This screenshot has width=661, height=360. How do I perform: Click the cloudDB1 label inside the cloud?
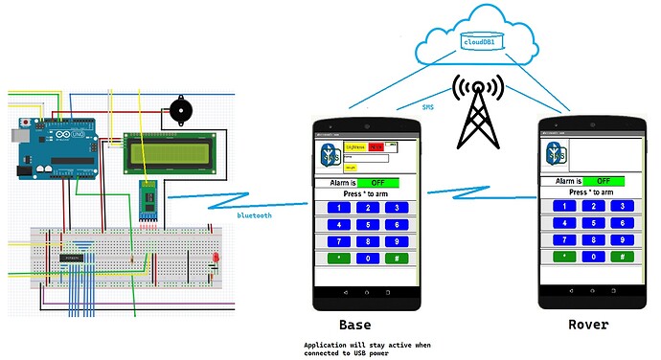point(478,43)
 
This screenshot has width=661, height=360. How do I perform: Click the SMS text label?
point(428,108)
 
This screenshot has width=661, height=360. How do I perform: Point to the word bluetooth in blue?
point(255,215)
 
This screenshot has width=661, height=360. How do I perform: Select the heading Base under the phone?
point(356,325)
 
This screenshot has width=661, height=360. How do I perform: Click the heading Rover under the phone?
point(587,325)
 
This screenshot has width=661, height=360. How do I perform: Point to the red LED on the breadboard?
point(217,259)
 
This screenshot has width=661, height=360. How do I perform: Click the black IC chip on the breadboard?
point(75,259)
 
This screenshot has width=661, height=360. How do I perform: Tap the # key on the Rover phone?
point(623,257)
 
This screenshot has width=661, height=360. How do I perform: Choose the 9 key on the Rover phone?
point(623,239)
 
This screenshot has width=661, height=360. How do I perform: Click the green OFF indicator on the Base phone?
point(378,182)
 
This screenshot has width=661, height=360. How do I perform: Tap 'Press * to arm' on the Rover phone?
point(589,191)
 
